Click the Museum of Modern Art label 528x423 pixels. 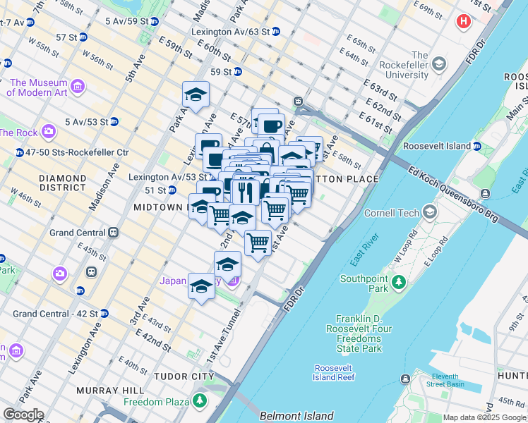[38, 87]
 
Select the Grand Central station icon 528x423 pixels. [112, 233]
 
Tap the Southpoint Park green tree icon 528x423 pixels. [399, 283]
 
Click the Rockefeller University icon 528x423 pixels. [438, 64]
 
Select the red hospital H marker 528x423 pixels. [464, 21]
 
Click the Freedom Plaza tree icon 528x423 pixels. [200, 402]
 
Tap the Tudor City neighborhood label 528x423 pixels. [184, 376]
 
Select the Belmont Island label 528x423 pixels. [296, 417]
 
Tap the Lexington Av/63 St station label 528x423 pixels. [230, 32]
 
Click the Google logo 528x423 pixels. [23, 415]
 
